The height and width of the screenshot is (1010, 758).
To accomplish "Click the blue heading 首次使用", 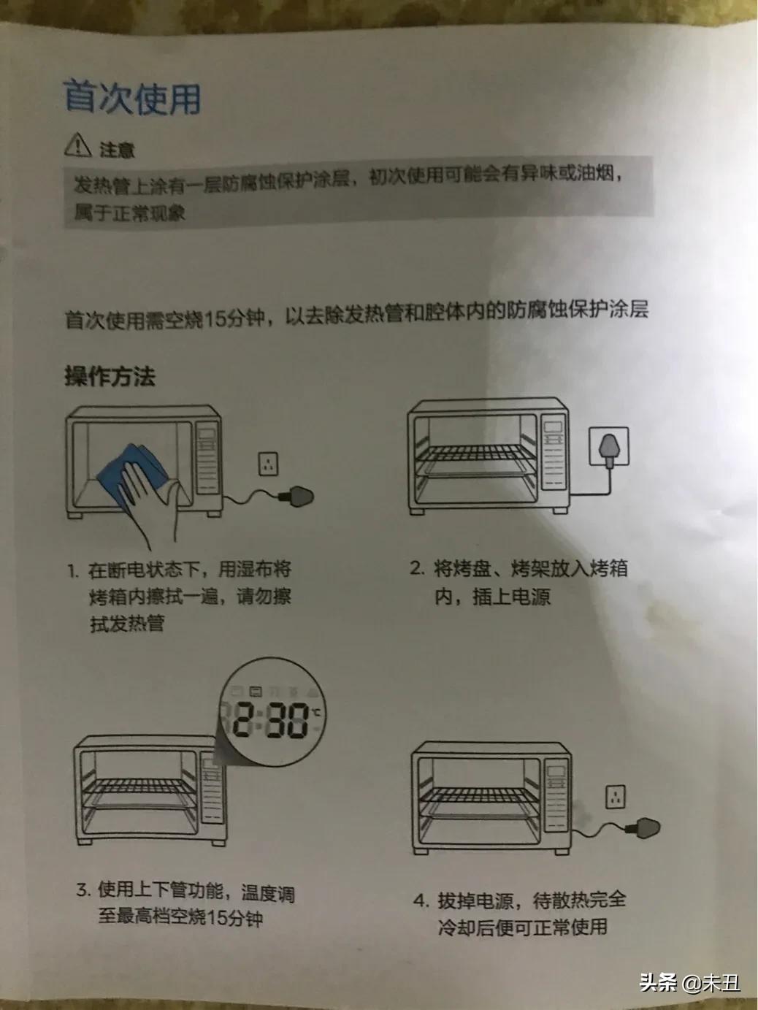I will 132,98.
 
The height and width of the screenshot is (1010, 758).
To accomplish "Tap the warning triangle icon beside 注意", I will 77,147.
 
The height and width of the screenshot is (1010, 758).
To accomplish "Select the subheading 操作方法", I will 110,376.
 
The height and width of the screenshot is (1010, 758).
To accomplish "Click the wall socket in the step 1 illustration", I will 269,463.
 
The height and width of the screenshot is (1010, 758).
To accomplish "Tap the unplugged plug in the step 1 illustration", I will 299,496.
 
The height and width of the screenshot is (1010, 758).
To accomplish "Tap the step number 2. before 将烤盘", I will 416,569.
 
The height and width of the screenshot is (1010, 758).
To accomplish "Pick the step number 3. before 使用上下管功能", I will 83,890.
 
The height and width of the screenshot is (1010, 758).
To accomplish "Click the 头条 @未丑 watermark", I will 689,983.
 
